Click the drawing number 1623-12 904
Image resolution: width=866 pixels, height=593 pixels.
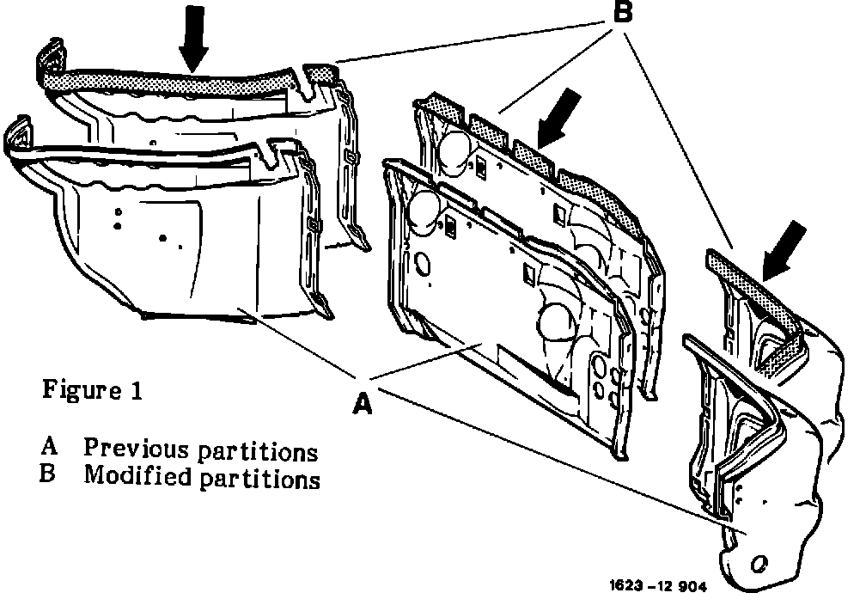point(657,586)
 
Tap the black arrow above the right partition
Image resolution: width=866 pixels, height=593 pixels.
point(784,248)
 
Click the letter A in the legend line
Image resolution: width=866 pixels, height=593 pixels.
point(50,449)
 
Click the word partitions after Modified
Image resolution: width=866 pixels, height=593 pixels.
point(260,479)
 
